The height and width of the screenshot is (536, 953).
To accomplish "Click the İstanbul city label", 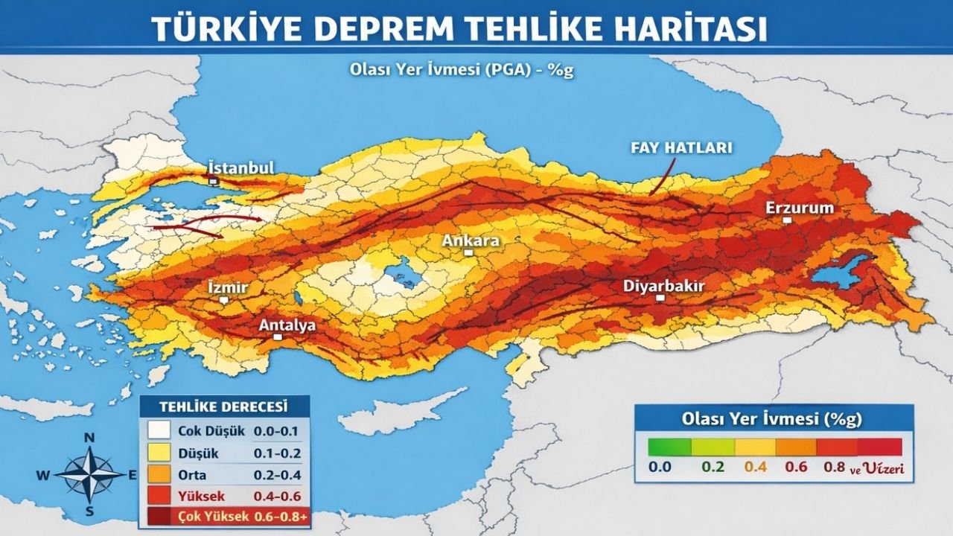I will tap(241, 167).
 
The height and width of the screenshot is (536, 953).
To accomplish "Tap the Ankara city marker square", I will tap(468, 253).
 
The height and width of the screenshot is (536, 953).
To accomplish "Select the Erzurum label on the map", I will tap(800, 208).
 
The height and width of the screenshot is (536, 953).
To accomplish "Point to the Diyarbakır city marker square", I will tap(660, 298).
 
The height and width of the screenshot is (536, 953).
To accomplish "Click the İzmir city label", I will tap(227, 288).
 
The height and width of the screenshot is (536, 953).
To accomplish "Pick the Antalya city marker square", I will tap(277, 337).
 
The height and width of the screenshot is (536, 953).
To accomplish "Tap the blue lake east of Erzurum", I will tap(841, 272).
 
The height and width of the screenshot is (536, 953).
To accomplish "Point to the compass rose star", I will tap(89, 474).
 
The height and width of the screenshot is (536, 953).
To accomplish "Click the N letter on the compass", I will tap(89, 438).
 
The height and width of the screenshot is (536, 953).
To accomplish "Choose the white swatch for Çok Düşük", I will tap(159, 430).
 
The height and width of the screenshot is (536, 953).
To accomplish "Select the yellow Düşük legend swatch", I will tap(159, 453).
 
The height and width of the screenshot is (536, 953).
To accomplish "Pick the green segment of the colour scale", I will tap(669, 447).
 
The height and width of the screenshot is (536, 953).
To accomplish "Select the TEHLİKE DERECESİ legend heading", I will tap(224, 407).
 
